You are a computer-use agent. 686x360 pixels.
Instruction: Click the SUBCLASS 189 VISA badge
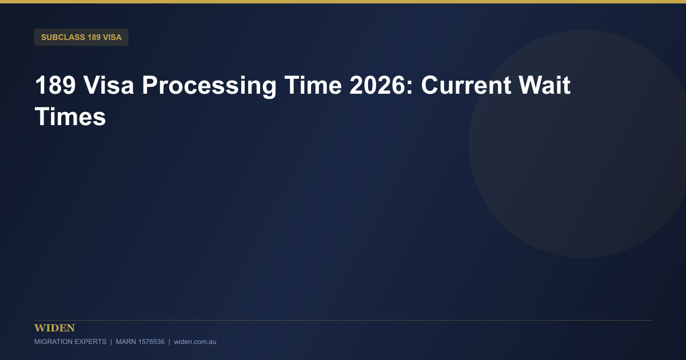(x=81, y=37)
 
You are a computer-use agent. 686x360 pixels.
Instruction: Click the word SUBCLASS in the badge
(x=63, y=37)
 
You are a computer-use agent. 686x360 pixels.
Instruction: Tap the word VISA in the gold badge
(x=112, y=37)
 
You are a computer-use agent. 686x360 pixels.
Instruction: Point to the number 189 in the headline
(x=55, y=85)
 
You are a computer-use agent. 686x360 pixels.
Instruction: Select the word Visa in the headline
(x=109, y=85)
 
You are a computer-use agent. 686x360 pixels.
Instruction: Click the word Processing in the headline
(x=209, y=86)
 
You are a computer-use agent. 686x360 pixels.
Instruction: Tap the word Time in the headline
(x=313, y=85)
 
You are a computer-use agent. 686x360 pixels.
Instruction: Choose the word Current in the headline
(x=466, y=85)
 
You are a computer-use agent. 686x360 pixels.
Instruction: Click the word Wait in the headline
(x=544, y=85)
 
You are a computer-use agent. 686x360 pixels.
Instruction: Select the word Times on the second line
(x=70, y=117)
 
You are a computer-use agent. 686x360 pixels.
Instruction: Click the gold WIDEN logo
(x=54, y=328)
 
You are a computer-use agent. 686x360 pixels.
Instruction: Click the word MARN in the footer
(x=126, y=342)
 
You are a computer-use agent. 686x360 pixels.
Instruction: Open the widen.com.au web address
(x=195, y=342)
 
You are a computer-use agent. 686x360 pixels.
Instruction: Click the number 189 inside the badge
(x=94, y=37)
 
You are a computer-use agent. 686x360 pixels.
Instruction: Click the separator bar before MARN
(x=111, y=342)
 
